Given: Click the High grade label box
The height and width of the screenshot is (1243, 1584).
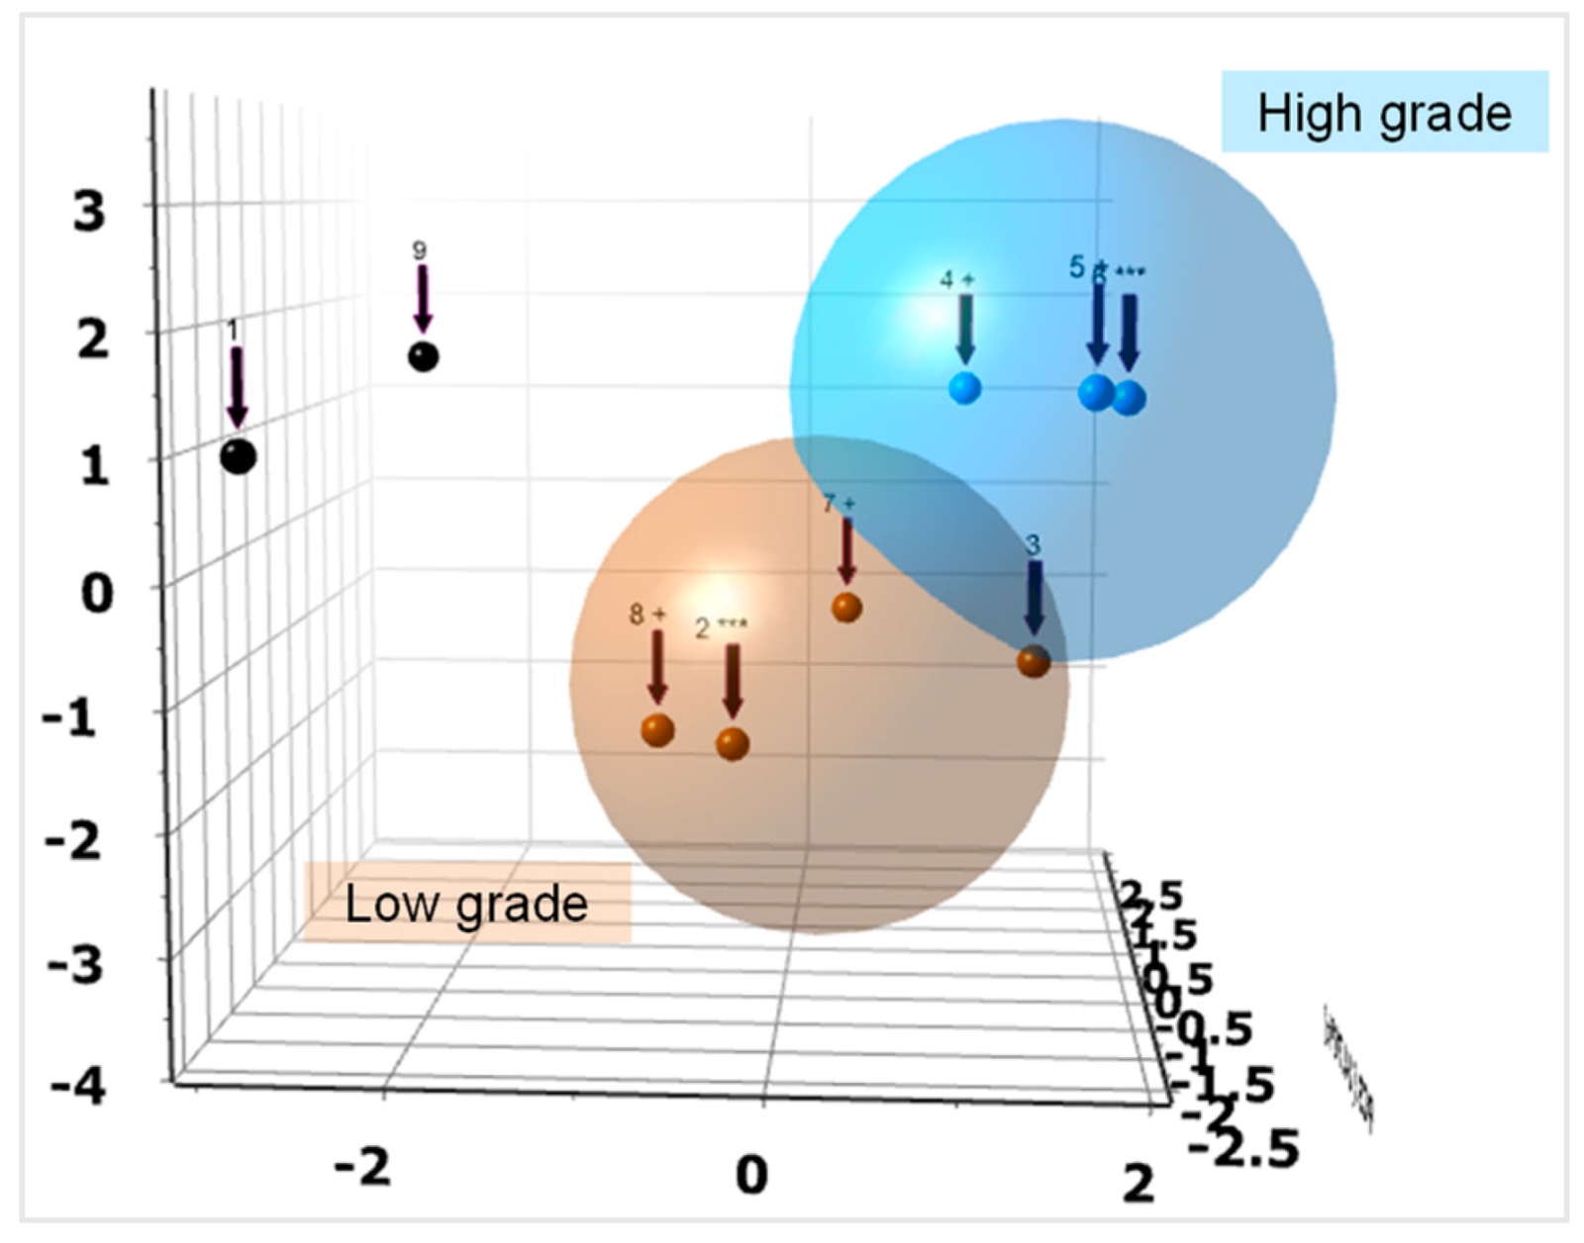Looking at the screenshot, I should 1384,112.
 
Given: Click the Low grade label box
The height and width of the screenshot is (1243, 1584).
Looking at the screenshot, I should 466,903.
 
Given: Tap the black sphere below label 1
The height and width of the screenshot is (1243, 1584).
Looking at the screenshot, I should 238,457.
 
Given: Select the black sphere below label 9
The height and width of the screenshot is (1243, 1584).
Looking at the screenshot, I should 423,356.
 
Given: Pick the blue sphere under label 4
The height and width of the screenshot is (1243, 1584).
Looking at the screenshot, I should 964,388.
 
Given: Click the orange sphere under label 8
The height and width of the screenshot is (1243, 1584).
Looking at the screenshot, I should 657,730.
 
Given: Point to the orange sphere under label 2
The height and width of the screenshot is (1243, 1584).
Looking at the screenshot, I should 732,744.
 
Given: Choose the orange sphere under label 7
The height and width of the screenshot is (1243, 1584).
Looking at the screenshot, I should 846,608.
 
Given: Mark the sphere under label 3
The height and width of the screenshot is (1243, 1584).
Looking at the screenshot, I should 1034,661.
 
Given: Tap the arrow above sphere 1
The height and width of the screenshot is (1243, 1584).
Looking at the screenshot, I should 237,387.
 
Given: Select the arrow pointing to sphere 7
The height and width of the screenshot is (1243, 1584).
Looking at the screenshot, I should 846,550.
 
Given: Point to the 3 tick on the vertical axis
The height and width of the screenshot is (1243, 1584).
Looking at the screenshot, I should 89,211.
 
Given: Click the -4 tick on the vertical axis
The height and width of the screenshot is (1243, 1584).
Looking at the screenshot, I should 77,1088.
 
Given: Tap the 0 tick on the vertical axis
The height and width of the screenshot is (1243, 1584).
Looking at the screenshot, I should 96,593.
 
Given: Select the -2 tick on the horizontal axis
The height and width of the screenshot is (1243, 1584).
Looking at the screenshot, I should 362,1168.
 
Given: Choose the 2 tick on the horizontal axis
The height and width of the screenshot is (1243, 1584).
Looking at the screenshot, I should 1138,1183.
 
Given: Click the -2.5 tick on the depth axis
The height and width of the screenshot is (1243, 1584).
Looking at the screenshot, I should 1242,1150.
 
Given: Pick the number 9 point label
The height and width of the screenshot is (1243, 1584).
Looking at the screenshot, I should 420,250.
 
